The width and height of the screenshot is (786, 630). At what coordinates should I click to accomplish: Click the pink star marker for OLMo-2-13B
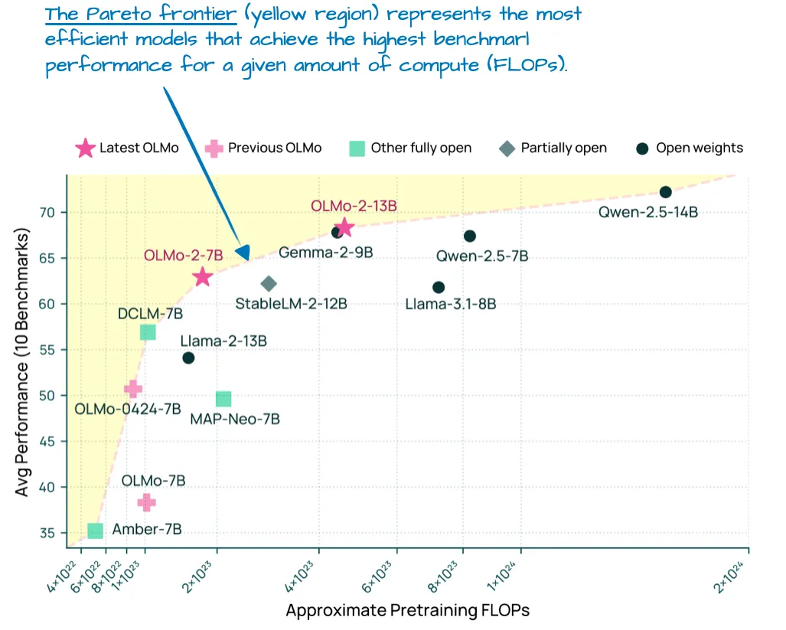(x=344, y=227)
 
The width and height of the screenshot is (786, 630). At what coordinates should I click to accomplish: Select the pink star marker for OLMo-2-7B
(x=202, y=277)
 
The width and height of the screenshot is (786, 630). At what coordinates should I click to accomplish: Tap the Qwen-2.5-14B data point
(x=666, y=192)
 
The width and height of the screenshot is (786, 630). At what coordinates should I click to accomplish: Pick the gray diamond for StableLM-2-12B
(x=269, y=284)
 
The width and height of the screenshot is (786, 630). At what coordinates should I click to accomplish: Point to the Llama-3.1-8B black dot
(x=439, y=287)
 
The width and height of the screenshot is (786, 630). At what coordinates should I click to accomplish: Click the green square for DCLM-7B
(x=148, y=331)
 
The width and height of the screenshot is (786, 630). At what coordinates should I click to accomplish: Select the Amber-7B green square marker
(x=95, y=530)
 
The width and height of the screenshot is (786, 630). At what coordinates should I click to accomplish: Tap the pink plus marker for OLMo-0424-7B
(x=133, y=389)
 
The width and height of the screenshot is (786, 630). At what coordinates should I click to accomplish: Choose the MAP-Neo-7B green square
(x=223, y=399)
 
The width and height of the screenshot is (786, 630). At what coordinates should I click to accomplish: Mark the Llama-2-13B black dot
(x=188, y=357)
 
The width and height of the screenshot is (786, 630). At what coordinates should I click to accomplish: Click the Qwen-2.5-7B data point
(x=470, y=236)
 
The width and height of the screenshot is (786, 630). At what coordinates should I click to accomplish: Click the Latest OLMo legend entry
(x=127, y=148)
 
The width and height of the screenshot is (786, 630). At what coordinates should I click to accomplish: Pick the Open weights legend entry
(x=690, y=148)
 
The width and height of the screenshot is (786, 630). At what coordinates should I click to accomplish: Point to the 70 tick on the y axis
(x=53, y=212)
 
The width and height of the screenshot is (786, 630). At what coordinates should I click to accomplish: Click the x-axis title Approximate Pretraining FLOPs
(x=407, y=611)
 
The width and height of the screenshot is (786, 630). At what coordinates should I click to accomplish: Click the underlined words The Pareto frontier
(x=140, y=15)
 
